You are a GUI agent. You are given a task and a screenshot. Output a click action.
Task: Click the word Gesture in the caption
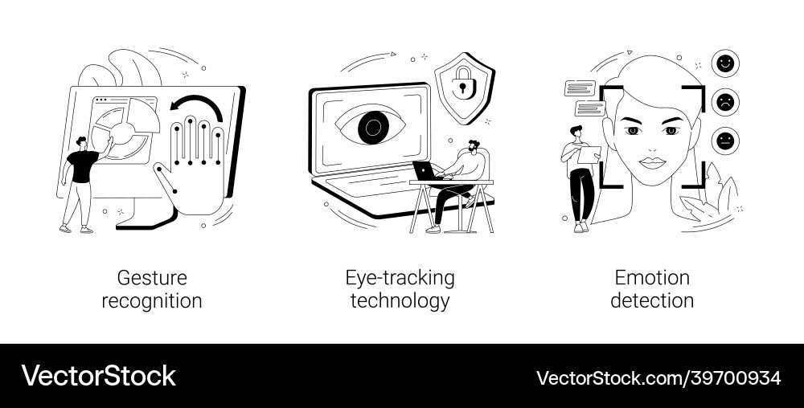pos(152,278)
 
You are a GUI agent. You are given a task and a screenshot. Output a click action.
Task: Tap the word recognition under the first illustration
pos(152,301)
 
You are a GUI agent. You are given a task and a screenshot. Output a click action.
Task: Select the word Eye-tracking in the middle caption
pos(400,278)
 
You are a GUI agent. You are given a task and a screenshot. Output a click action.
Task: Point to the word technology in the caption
pos(400,301)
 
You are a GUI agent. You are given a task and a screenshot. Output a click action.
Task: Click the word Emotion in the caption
pos(652,278)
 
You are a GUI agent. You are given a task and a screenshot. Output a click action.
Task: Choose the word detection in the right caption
pos(652,301)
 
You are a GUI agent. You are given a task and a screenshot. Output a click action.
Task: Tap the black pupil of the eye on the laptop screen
pos(371,126)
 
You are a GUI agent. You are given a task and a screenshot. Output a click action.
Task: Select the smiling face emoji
pos(725,62)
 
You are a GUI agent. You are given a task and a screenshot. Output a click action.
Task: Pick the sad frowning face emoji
pos(725,101)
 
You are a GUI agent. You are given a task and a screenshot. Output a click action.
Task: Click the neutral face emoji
pos(725,140)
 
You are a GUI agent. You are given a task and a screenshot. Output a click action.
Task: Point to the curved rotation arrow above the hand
pos(200,106)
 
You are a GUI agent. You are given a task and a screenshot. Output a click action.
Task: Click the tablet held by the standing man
pos(588,153)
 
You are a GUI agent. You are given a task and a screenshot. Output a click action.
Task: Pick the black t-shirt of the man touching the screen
pos(82,167)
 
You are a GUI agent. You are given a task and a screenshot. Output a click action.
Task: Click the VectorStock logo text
pos(99,376)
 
